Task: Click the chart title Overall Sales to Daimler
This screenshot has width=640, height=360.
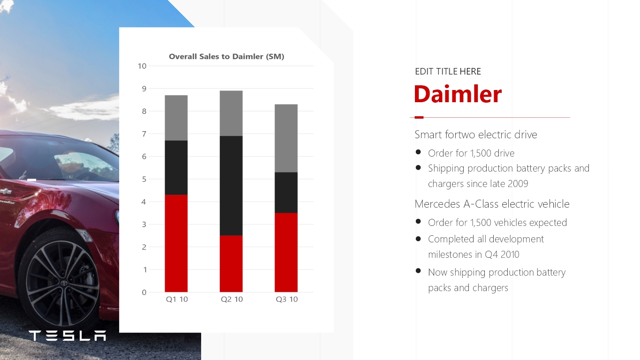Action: (x=226, y=56)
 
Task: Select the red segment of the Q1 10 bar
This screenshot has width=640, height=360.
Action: (x=176, y=243)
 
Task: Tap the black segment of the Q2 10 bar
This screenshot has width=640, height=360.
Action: (x=231, y=186)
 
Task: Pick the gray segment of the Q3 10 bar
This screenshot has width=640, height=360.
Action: (x=286, y=138)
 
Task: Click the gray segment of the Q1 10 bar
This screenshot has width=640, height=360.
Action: (x=176, y=118)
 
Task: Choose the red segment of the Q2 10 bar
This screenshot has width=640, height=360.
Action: (x=231, y=264)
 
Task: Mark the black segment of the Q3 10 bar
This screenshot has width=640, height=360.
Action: (x=286, y=193)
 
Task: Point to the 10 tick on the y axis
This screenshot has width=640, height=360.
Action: (x=142, y=66)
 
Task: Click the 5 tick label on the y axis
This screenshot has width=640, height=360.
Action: (x=144, y=179)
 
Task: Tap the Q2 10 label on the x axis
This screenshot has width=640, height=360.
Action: (x=232, y=300)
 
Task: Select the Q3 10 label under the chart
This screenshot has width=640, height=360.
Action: (x=286, y=300)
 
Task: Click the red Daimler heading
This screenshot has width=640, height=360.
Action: (x=458, y=94)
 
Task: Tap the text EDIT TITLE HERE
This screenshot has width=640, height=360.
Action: (x=448, y=71)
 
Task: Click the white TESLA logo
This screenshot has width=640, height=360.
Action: (x=68, y=336)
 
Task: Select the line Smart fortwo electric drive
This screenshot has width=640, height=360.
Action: (x=476, y=135)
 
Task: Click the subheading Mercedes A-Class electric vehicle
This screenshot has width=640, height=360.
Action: (x=492, y=204)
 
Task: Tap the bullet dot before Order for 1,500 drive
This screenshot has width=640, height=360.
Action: (x=418, y=152)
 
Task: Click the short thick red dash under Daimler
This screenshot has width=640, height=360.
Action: (x=419, y=117)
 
